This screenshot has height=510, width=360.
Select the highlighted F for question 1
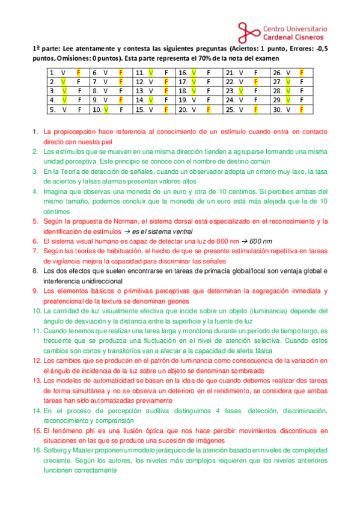(x=78, y=72)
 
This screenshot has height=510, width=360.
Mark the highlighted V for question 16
(x=194, y=72)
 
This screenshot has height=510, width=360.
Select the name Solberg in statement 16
(x=56, y=451)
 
